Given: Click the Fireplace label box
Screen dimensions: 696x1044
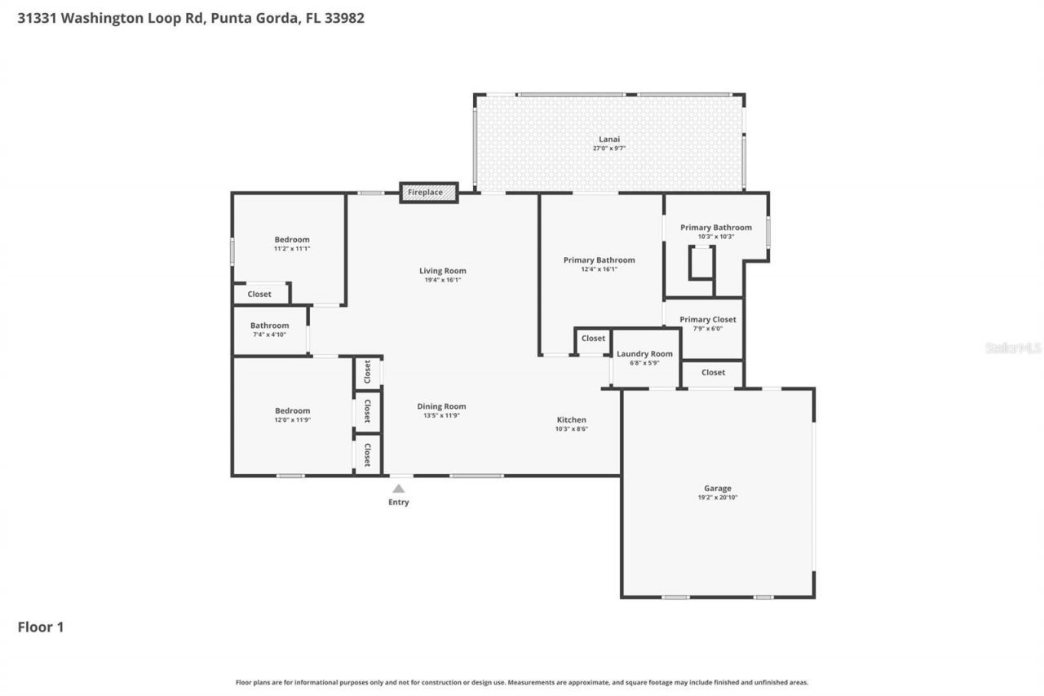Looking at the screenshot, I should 427,193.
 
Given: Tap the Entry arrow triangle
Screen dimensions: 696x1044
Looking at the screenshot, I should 398,489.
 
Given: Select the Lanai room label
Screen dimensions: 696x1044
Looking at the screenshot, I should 608,140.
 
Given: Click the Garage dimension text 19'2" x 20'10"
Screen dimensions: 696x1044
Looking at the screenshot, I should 718,498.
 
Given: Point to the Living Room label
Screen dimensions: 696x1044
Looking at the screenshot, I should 443,271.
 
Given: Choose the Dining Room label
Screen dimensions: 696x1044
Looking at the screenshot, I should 441,406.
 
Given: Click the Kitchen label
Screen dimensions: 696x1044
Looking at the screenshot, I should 571,419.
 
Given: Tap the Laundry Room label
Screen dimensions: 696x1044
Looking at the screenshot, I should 644,354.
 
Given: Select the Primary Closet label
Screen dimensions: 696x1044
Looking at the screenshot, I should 707,320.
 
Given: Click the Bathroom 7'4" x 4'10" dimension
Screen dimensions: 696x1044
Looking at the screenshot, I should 269,335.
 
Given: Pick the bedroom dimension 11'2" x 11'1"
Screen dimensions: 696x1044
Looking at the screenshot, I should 291,249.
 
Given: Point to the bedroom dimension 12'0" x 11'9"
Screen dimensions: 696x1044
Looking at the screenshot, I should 291,419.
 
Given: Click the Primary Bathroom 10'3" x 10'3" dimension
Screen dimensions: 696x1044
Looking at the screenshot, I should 716,237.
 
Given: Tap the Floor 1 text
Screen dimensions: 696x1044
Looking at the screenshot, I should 41,627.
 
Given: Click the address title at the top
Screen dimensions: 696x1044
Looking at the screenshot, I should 191,17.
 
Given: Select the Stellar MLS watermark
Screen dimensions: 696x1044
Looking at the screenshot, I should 1013,348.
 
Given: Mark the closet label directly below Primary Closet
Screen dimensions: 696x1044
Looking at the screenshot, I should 713,372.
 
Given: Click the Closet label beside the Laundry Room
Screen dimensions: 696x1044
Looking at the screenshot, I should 593,338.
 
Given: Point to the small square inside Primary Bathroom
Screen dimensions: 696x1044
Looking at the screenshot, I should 701,262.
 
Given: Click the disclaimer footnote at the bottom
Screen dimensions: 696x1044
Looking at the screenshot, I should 522,682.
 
